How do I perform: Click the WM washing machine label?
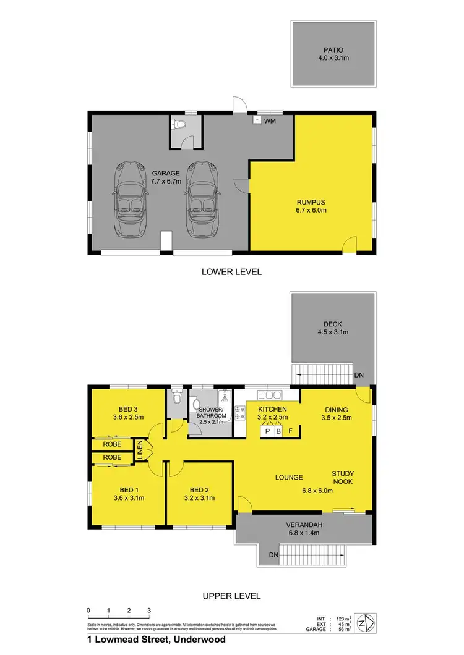pos(270,121)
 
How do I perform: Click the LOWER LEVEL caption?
pos(231,271)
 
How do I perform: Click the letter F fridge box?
pos(291,431)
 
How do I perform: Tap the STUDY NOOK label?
pos(342,478)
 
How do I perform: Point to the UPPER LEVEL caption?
pos(231,596)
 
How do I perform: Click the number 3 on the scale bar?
pos(149,611)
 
